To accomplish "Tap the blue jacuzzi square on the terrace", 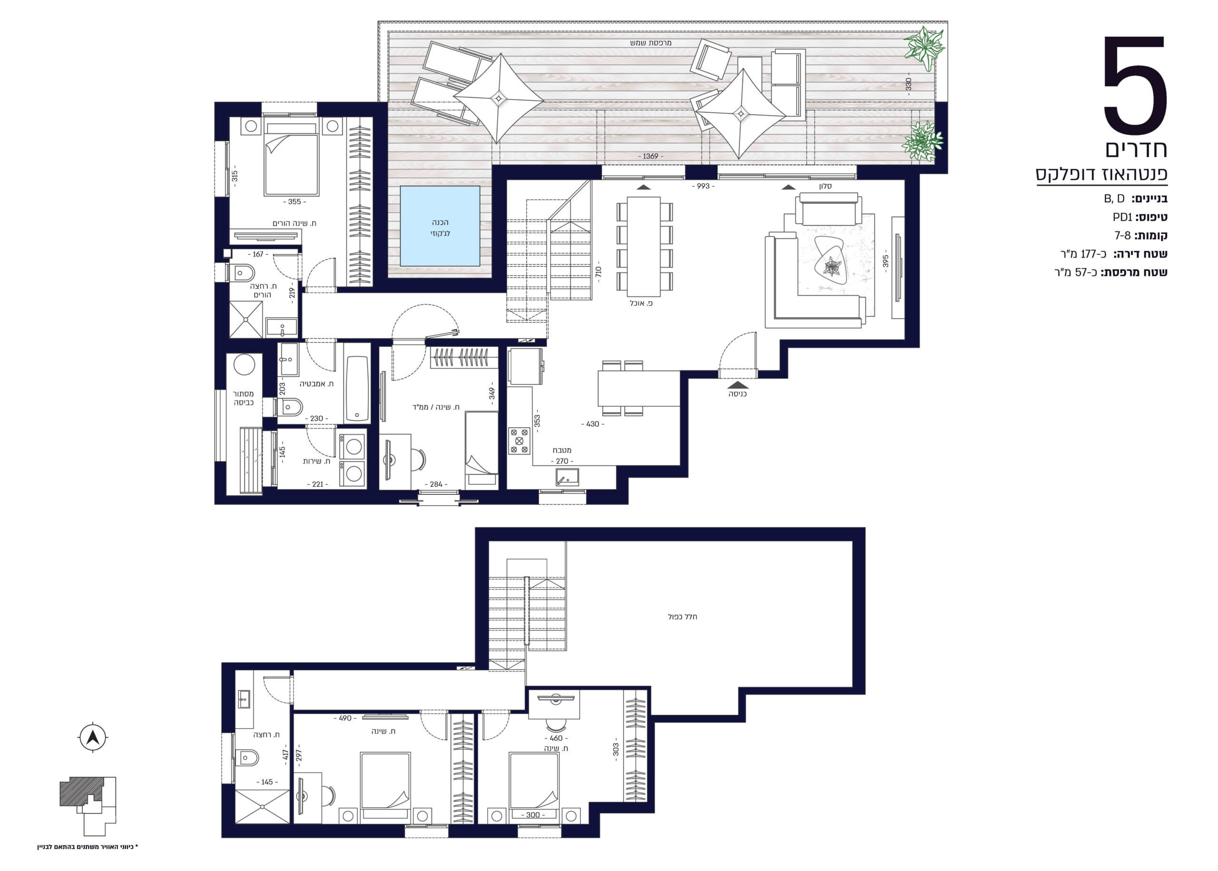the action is [x=440, y=226].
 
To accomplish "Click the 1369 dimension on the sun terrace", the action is [x=650, y=156].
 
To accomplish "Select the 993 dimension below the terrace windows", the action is [x=703, y=186].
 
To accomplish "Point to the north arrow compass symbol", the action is [x=93, y=738].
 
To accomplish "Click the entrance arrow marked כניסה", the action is [x=738, y=385].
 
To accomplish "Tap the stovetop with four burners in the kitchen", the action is [x=519, y=441].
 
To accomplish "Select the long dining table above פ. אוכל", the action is [x=644, y=246].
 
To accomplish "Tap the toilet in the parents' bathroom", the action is [x=241, y=273].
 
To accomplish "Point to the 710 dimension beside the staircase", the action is [x=598, y=271].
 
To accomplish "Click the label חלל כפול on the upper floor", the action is [x=682, y=617].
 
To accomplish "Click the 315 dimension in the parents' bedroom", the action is [x=234, y=176].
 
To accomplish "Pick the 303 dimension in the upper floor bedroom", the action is [x=616, y=749].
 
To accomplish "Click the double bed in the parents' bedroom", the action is [x=292, y=159].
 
